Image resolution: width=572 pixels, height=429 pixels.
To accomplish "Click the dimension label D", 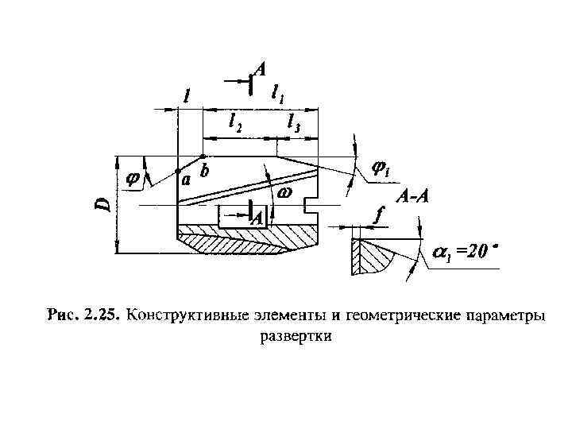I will [x=102, y=204].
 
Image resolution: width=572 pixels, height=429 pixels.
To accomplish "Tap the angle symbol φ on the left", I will [x=133, y=180].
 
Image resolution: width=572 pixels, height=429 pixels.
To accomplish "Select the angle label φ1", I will [x=382, y=170].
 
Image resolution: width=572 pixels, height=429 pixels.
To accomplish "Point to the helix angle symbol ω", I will [x=284, y=193].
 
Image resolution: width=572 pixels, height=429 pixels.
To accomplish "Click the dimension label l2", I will [x=236, y=122].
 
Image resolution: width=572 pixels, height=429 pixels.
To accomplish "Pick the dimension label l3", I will [x=294, y=122].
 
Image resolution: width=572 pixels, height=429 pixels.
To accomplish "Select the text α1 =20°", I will [x=464, y=252].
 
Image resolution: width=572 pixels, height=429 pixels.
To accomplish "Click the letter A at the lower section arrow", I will [x=258, y=219].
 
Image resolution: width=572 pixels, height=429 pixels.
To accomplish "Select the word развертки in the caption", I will [x=295, y=336].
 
